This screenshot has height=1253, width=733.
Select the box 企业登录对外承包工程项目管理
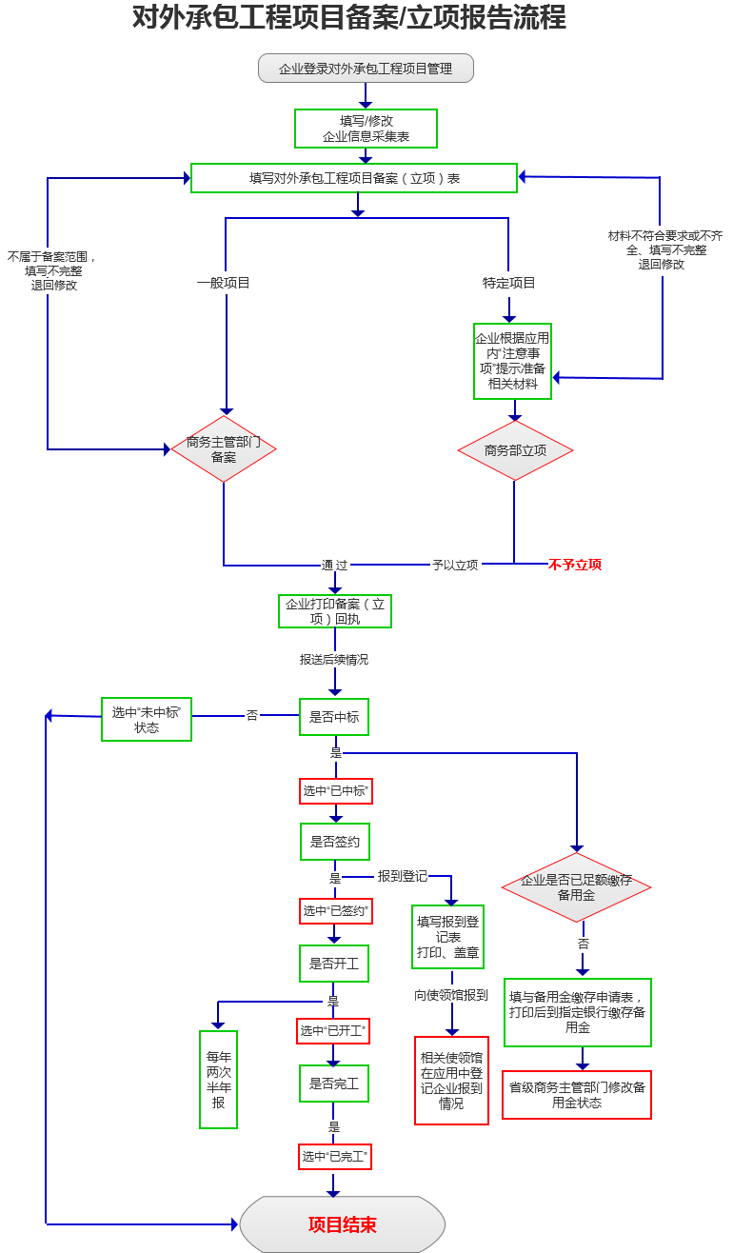(366, 69)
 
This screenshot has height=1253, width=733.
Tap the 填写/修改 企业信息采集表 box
(366, 129)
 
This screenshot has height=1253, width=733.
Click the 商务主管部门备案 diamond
(224, 448)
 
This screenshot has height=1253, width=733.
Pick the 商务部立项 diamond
(515, 450)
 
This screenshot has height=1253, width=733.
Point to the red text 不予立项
(575, 565)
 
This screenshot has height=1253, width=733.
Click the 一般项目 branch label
(224, 283)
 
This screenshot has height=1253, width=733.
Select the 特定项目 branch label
(509, 283)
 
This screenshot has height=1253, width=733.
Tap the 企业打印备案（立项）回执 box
(335, 611)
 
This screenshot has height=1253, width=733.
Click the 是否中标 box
(334, 717)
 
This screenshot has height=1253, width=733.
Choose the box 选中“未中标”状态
(147, 720)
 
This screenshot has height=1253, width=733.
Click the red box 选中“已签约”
(335, 911)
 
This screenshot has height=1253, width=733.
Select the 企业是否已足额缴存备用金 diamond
(576, 887)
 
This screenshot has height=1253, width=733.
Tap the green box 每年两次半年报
(219, 1080)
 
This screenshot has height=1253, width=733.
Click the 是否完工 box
(334, 1084)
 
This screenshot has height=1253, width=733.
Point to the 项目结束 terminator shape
(343, 1224)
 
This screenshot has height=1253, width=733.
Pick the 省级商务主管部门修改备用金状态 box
(577, 1095)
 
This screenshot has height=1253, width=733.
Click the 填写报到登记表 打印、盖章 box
(447, 937)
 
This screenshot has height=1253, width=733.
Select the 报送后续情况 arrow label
(334, 659)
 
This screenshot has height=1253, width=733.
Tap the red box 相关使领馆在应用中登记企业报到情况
(451, 1081)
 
